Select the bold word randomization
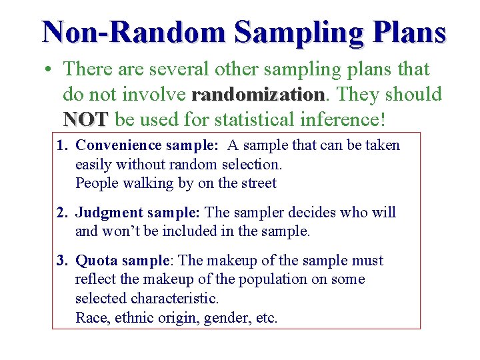[257, 95]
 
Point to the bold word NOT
[85, 120]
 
